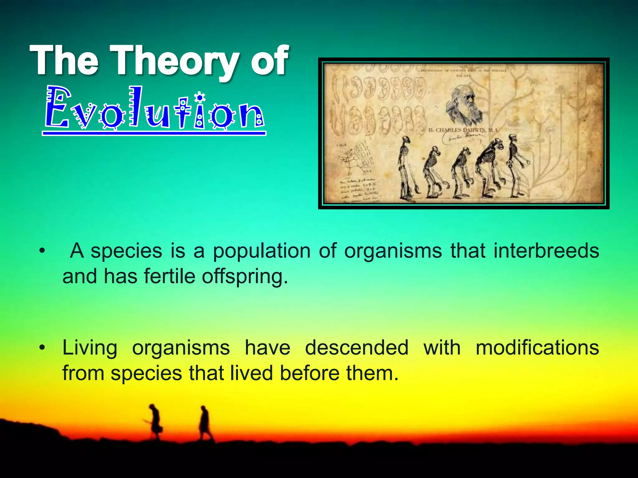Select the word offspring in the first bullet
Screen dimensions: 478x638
pos(245,276)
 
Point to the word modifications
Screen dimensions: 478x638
pos(537,348)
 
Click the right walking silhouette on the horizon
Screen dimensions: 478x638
pos(205,423)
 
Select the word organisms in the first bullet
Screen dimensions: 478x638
pos(393,251)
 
